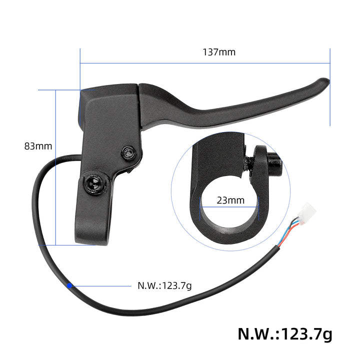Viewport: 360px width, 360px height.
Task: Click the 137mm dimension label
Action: [x=219, y=52]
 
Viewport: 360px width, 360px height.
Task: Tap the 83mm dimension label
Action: [x=38, y=146]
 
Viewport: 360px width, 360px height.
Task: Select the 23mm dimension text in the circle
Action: [x=230, y=200]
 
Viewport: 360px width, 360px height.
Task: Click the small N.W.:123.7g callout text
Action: [x=164, y=286]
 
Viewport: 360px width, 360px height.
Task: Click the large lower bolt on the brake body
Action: [x=93, y=185]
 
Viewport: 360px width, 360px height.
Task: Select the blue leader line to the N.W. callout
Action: [x=102, y=286]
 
